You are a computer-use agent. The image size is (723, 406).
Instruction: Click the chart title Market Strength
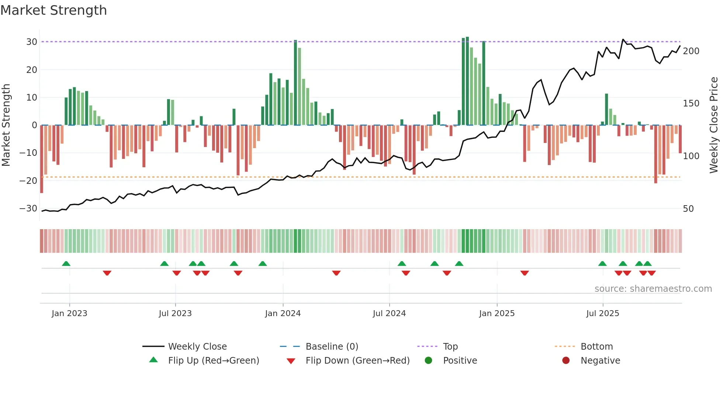[53, 10]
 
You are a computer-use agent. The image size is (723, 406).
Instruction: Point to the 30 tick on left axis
[32, 42]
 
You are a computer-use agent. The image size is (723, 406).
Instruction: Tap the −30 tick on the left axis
[28, 209]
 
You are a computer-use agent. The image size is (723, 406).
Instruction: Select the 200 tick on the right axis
[691, 51]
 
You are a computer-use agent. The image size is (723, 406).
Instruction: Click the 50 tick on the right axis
[688, 209]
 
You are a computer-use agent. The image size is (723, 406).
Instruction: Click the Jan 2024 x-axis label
[283, 314]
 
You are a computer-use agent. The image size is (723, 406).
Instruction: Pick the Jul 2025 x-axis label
[602, 314]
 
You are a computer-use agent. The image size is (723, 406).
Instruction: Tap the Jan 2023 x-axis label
[69, 314]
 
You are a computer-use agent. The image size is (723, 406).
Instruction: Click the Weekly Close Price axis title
[714, 125]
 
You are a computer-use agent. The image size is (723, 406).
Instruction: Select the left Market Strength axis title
[6, 125]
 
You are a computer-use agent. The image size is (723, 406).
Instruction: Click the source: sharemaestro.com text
[653, 289]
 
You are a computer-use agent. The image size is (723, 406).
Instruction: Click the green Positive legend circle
[428, 360]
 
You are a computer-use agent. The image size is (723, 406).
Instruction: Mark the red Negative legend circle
[566, 360]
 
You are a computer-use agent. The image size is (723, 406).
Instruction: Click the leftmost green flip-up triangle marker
[66, 264]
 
